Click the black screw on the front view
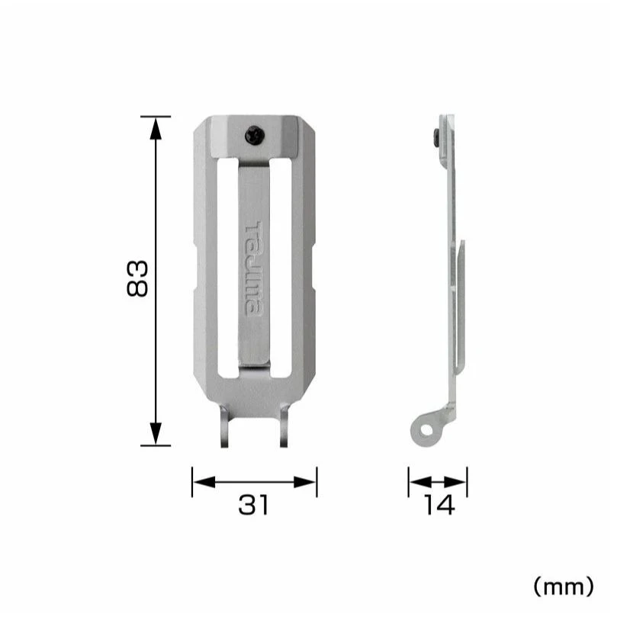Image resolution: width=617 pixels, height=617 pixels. coord(254,135)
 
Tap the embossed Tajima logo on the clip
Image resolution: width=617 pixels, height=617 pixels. coord(254,268)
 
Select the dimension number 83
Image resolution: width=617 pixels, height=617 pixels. coord(137,278)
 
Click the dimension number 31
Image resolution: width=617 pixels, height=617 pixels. coord(254,505)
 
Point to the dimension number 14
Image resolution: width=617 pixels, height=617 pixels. coord(439,505)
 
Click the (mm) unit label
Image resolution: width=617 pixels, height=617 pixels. coord(563,587)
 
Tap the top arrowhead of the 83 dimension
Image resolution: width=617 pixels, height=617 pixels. coord(156,128)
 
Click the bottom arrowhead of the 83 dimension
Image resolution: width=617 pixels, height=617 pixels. coord(156,434)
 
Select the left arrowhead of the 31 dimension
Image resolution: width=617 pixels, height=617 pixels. coord(204,482)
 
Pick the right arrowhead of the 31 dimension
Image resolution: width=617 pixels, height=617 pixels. coord(305,482)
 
